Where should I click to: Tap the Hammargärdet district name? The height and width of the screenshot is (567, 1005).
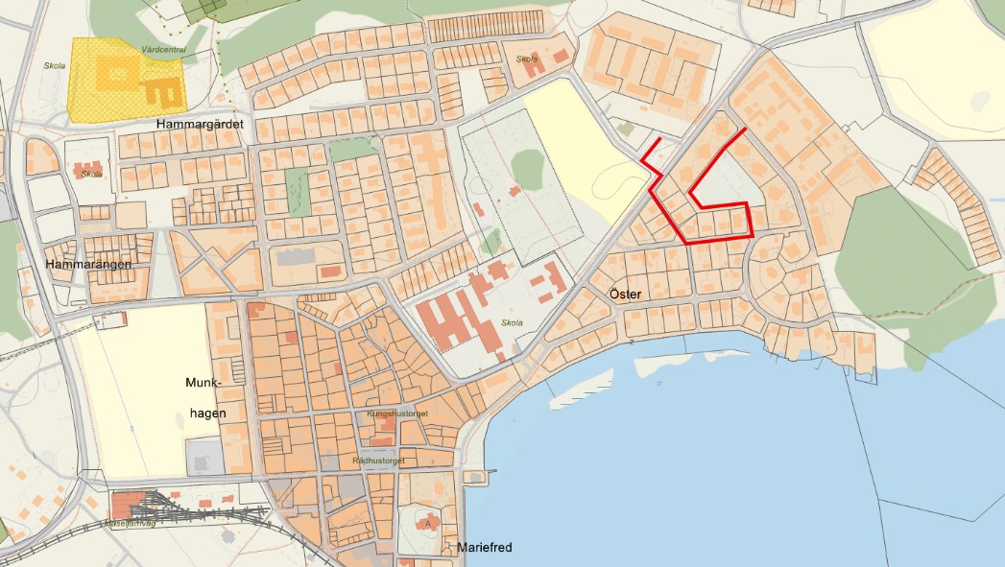(x=201, y=125)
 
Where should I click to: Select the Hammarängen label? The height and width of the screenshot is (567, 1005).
(x=86, y=263)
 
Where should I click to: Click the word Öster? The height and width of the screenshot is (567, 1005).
(x=625, y=294)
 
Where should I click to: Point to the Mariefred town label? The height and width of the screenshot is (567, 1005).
(x=485, y=548)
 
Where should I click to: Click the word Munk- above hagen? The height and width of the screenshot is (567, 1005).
(x=203, y=383)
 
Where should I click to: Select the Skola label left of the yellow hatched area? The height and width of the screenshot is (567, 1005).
(x=55, y=67)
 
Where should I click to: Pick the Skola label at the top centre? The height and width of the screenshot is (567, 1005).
(x=527, y=59)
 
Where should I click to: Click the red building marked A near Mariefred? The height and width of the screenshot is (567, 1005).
(x=427, y=523)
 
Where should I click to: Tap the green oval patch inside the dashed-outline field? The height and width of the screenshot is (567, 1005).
(x=527, y=167)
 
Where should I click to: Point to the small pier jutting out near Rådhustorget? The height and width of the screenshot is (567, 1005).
(x=485, y=470)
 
